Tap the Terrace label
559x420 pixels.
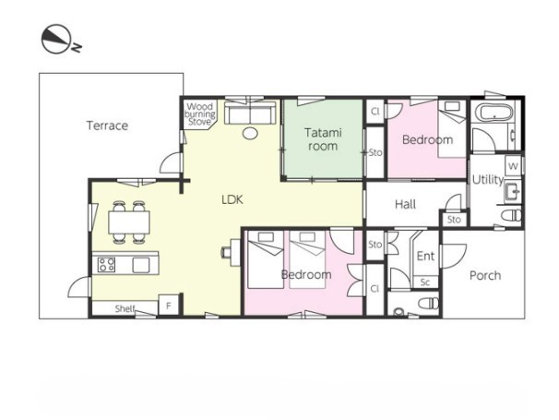pos(107,126)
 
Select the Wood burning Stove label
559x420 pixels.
pos(200,114)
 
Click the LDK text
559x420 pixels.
pos(232,199)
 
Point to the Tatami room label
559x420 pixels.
pos(323,139)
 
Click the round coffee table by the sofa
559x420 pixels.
pos(250,134)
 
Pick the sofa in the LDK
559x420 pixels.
pos(250,113)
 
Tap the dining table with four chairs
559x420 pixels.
pos(129,222)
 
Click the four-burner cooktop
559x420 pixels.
pos(106,265)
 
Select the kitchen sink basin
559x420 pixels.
pos(141,265)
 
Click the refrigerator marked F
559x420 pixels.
pos(169,306)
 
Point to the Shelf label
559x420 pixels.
pos(125,308)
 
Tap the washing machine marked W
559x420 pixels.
pos(514,166)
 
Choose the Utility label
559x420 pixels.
pos(488,179)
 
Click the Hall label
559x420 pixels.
pos(405,205)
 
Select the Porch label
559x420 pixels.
pos(485,275)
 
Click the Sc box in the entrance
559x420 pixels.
pos(425,282)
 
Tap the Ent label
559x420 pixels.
pos(425,256)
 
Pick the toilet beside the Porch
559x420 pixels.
pos(429,304)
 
